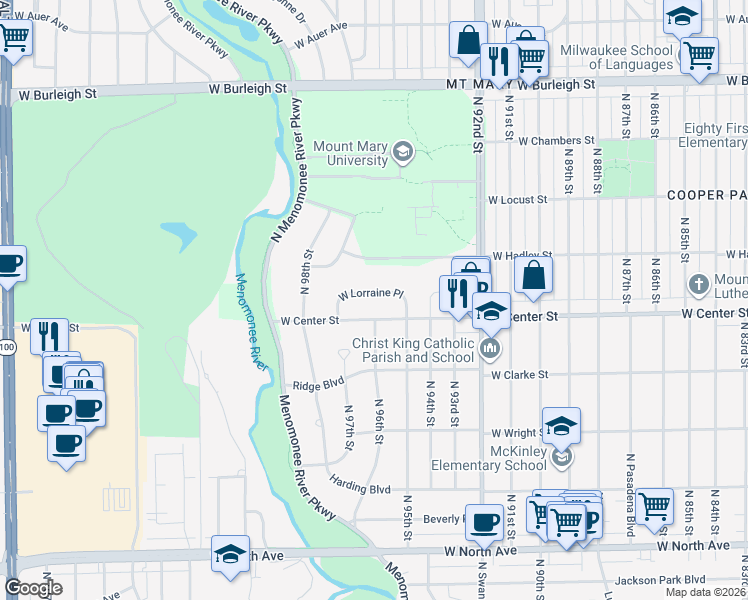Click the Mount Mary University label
[350, 153]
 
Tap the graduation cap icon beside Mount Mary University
[403, 153]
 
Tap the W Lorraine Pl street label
[370, 295]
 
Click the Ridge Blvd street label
[318, 384]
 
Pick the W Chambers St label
[556, 141]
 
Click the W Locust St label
[518, 200]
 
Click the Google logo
[33, 588]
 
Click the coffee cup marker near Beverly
[485, 522]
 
